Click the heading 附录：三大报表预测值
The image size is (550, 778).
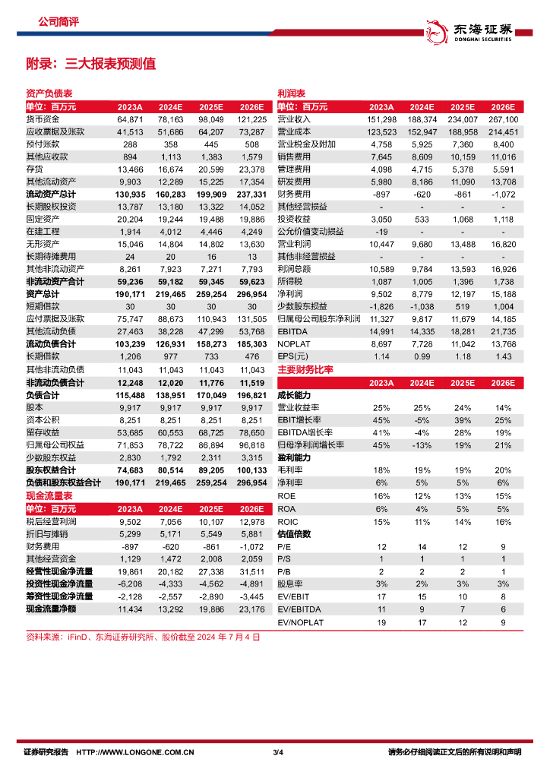(90, 64)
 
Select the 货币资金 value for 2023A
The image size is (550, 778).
(130, 120)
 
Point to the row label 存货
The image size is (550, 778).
(35, 169)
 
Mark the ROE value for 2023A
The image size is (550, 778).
(381, 496)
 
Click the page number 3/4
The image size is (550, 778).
(277, 753)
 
